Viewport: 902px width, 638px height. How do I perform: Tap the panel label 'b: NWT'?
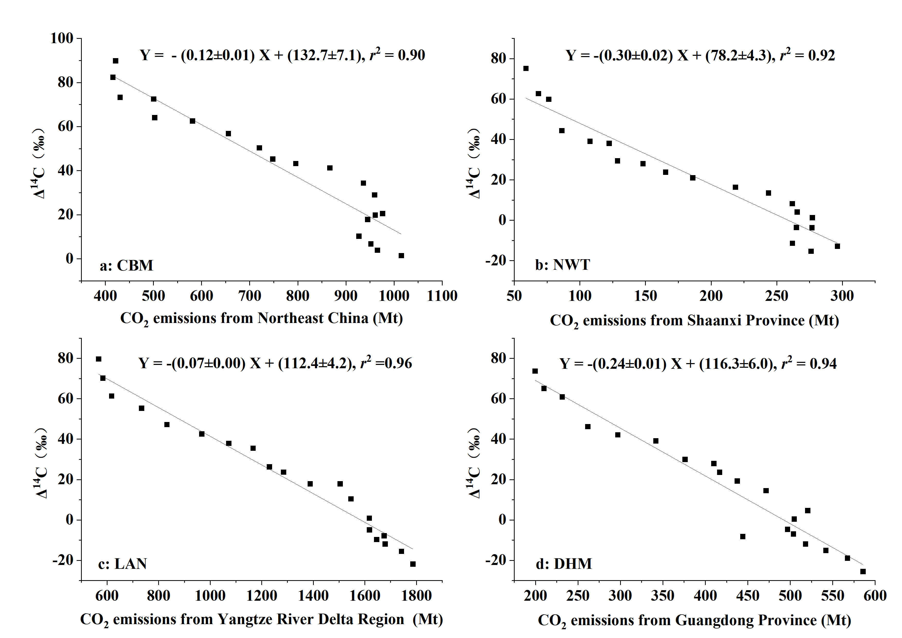[x=562, y=265]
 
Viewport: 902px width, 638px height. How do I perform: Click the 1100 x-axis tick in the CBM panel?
[x=442, y=295]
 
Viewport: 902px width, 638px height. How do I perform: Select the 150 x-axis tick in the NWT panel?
[x=646, y=295]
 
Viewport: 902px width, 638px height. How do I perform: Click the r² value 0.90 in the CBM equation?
[x=411, y=55]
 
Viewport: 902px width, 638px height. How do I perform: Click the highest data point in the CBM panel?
[x=115, y=61]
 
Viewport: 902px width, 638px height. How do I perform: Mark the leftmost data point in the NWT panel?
[x=526, y=68]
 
